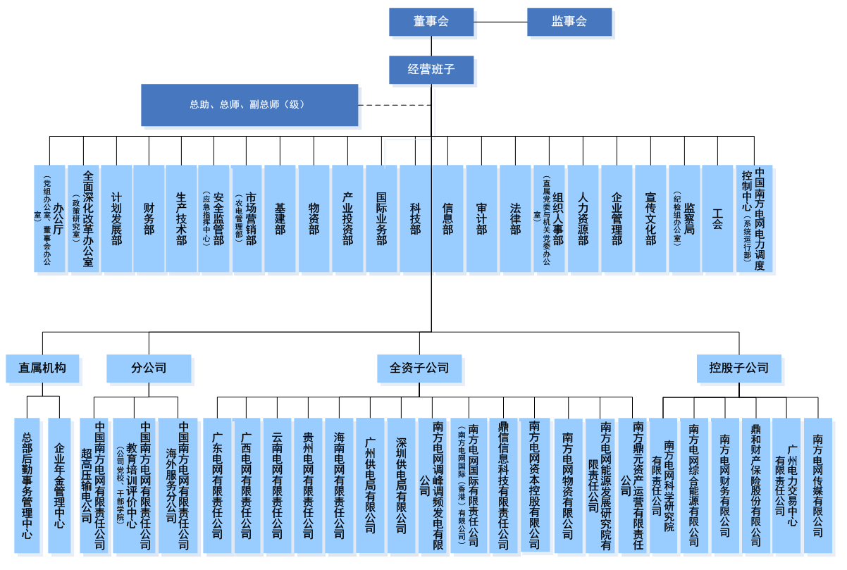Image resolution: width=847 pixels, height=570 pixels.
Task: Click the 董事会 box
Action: [431, 21]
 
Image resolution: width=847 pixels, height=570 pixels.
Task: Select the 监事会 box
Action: [569, 21]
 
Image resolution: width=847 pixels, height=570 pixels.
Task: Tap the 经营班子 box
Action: [431, 70]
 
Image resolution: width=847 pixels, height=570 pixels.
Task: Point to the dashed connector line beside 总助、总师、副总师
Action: [395, 105]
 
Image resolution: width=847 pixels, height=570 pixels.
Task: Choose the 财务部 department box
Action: [149, 218]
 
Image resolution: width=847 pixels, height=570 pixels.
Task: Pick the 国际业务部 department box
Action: [381, 218]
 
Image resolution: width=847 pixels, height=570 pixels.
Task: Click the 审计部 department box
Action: [481, 218]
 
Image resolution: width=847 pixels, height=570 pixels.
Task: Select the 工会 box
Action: [717, 218]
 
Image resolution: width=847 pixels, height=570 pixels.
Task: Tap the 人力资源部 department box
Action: [583, 218]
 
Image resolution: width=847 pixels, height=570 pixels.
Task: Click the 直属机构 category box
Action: [42, 368]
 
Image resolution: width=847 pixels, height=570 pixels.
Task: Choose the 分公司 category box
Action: [149, 368]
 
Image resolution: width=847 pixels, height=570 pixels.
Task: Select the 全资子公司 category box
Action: [419, 368]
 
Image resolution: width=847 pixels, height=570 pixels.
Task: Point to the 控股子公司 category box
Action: [739, 368]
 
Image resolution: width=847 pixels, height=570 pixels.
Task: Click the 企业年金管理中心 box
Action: [59, 486]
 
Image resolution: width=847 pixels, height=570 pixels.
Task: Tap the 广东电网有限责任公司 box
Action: [217, 486]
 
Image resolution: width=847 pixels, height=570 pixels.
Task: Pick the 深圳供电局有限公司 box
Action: [402, 486]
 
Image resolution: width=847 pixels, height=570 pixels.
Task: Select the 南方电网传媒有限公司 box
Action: [818, 486]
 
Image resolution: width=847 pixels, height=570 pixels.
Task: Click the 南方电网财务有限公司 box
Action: [725, 486]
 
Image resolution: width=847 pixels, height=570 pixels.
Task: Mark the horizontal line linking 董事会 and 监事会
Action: [500, 22]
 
